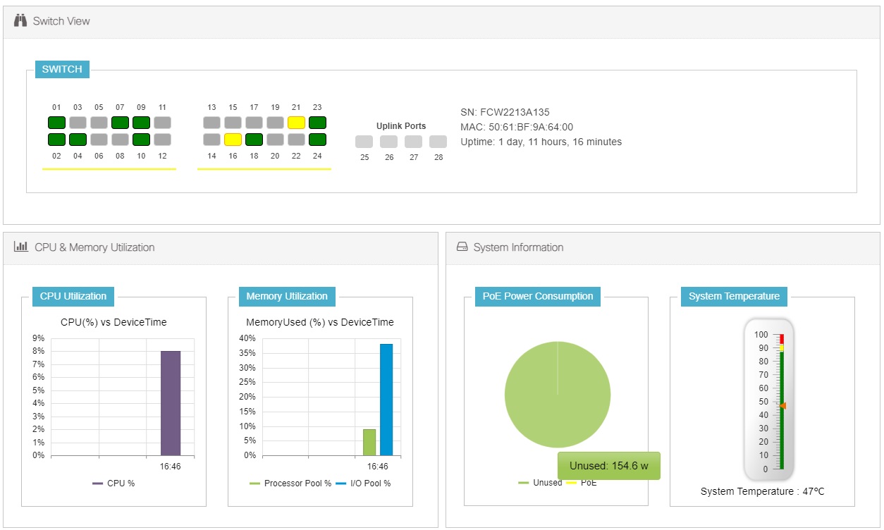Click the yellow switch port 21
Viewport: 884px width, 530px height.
pyautogui.click(x=296, y=122)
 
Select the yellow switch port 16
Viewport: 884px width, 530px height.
pyautogui.click(x=233, y=139)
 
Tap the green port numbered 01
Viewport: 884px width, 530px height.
pyautogui.click(x=57, y=122)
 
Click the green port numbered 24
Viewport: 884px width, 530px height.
pyautogui.click(x=317, y=139)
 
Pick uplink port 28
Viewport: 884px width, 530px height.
pyautogui.click(x=438, y=142)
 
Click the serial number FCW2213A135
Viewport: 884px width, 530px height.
pyautogui.click(x=505, y=112)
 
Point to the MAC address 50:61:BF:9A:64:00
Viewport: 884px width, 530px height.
pyautogui.click(x=517, y=127)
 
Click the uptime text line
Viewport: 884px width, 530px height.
pyautogui.click(x=541, y=142)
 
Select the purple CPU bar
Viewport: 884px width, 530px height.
pyautogui.click(x=171, y=403)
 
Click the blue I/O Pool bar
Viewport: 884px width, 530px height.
pyautogui.click(x=386, y=400)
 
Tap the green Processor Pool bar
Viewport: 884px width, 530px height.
pyautogui.click(x=369, y=442)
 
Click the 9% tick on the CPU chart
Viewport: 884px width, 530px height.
pyautogui.click(x=39, y=338)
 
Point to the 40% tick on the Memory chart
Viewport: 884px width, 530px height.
pyautogui.click(x=247, y=338)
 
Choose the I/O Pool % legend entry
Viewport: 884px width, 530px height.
pyautogui.click(x=362, y=483)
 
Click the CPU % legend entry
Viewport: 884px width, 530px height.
pyautogui.click(x=113, y=483)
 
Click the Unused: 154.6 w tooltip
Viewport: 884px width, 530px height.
pyautogui.click(x=609, y=466)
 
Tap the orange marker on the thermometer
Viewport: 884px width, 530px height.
pyautogui.click(x=782, y=406)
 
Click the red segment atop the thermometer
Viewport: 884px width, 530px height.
pyautogui.click(x=782, y=339)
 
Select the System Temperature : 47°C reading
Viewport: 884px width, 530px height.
pyautogui.click(x=762, y=491)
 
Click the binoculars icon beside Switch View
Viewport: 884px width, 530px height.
pyautogui.click(x=20, y=20)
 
